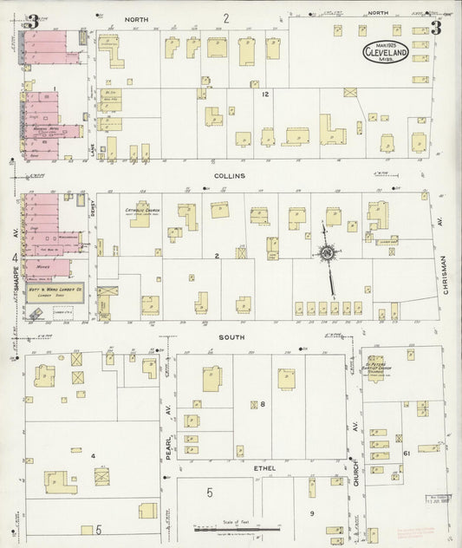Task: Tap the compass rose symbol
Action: coord(328,253)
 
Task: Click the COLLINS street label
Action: coord(231,175)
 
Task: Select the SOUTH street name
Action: coord(231,336)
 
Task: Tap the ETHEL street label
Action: coord(264,468)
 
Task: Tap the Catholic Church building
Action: coord(141,213)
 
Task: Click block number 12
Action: coord(266,94)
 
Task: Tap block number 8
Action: coord(262,404)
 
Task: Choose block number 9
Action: coord(311,513)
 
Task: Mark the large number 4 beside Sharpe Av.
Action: coord(15,258)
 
